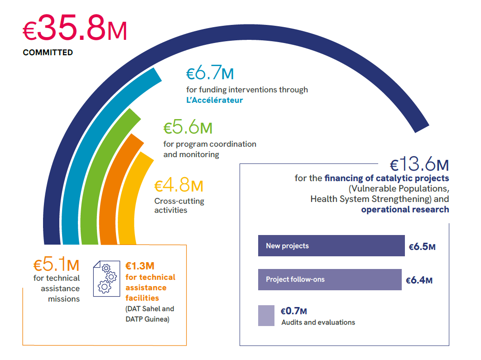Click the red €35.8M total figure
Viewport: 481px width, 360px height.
(75, 28)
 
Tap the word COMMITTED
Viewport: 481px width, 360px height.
(48, 53)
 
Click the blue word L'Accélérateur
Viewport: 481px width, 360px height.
(214, 100)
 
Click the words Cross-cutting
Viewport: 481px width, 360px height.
(179, 201)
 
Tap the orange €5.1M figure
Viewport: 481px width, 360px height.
(57, 264)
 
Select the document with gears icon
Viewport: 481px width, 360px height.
(106, 278)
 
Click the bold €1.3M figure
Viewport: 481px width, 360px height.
(140, 266)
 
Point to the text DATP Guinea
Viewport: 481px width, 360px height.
(147, 319)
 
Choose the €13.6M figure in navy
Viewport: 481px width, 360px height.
(419, 164)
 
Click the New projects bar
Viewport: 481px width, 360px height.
(331, 245)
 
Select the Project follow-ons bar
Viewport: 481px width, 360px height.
(330, 279)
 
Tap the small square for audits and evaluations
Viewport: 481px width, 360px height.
(266, 316)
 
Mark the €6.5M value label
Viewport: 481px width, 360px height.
(422, 246)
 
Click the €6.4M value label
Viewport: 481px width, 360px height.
(419, 280)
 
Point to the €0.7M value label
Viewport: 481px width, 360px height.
(293, 311)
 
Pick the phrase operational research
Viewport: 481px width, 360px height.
(405, 210)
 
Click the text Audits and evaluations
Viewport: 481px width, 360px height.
(318, 322)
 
